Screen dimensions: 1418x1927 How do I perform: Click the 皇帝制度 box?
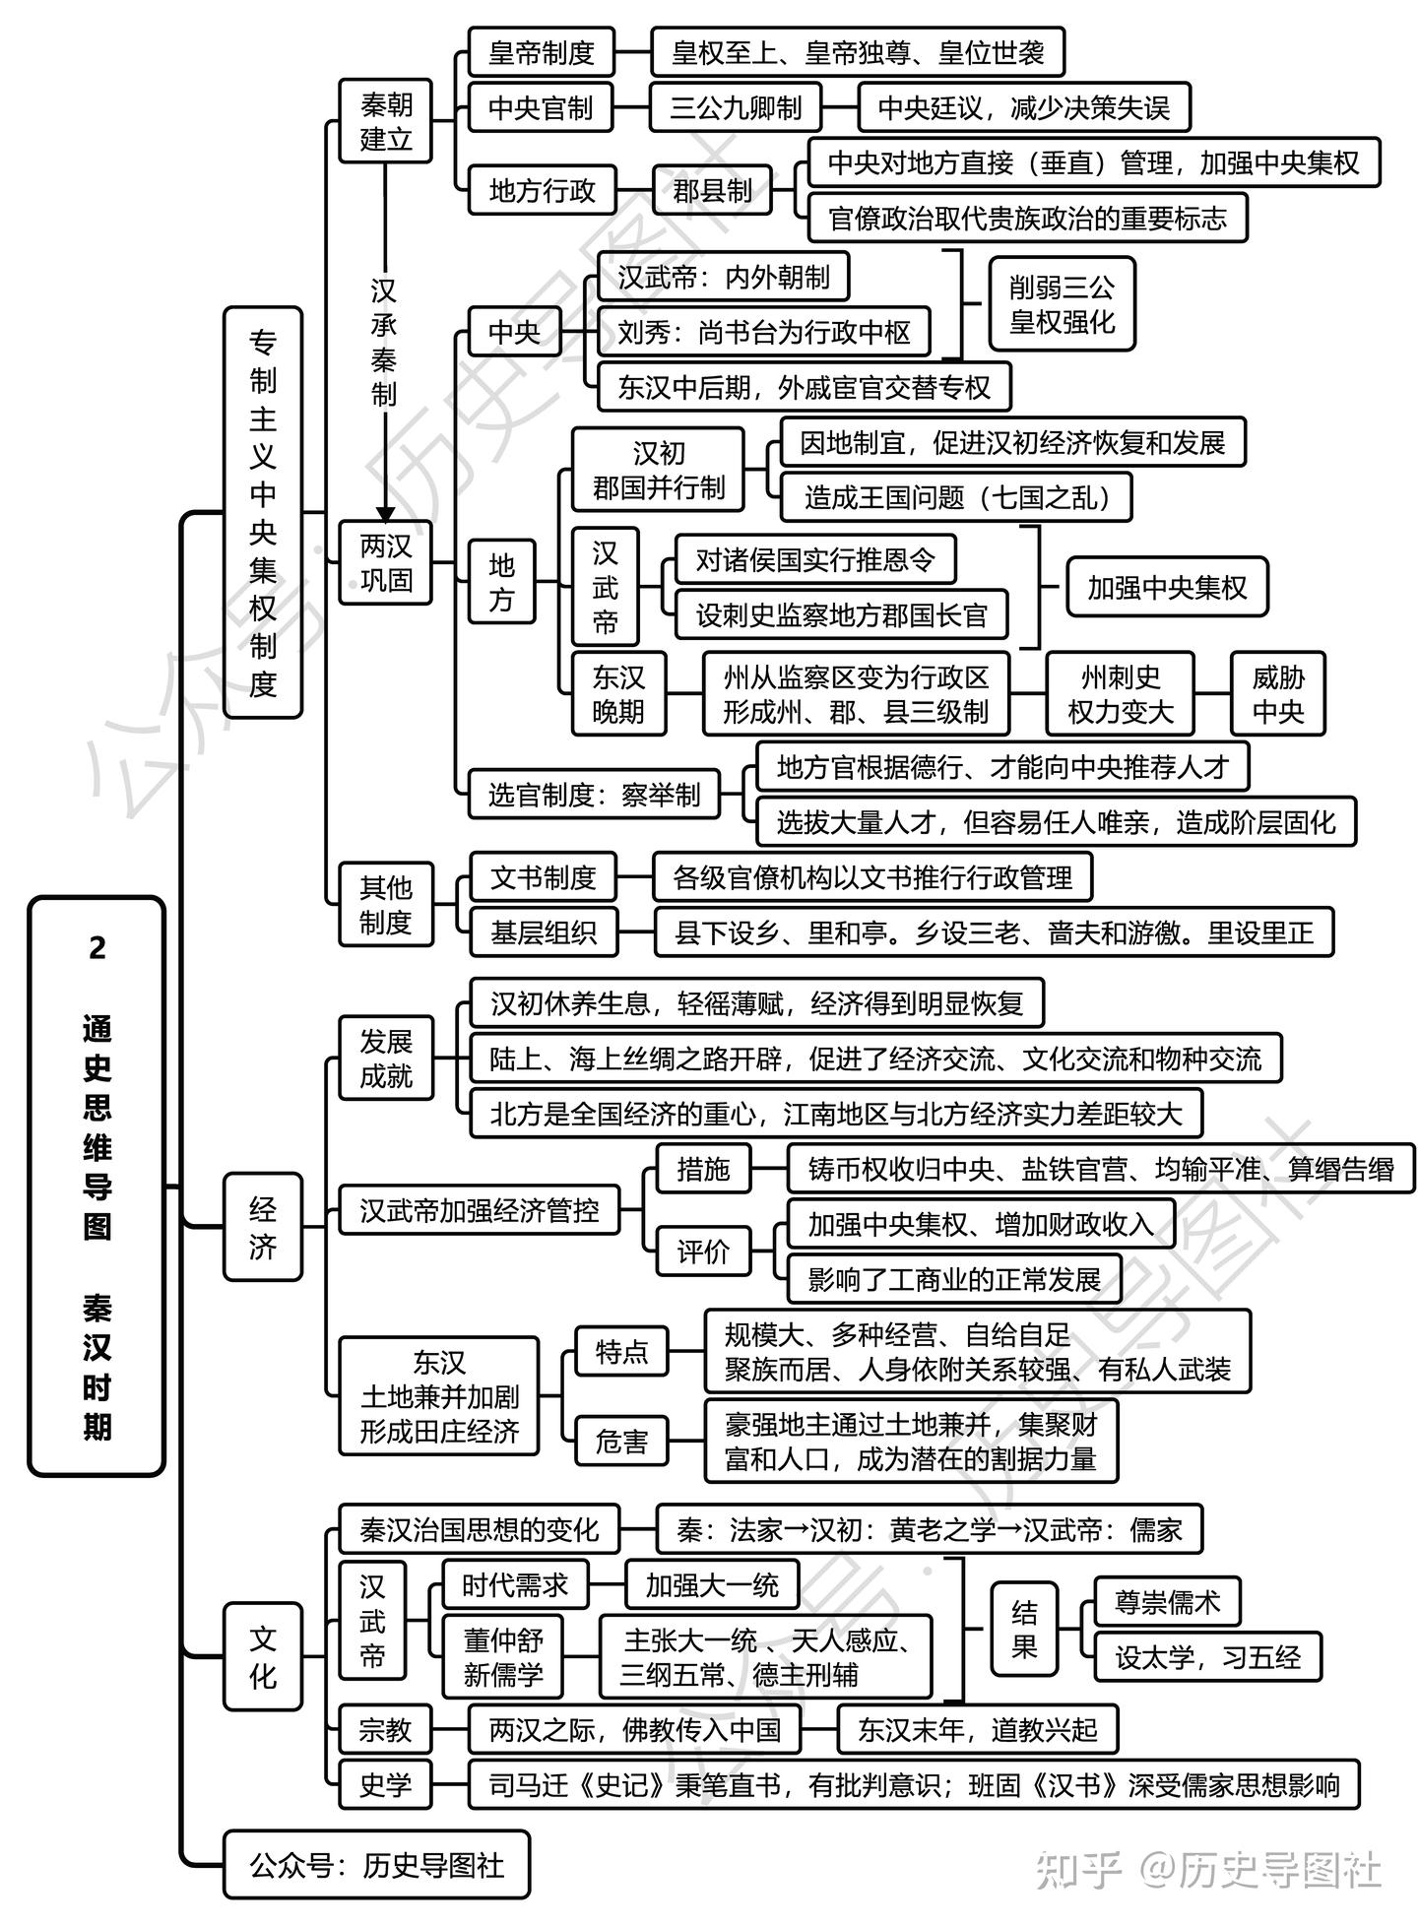541,52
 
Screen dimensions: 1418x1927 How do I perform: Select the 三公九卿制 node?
735,107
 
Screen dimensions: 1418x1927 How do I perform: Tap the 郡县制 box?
712,190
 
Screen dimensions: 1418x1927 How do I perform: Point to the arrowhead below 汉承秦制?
385,512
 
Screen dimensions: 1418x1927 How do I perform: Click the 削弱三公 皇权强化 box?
1062,304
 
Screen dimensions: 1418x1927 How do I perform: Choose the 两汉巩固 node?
385,562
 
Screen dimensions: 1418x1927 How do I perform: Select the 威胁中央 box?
1277,693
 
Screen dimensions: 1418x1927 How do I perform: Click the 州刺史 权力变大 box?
1120,693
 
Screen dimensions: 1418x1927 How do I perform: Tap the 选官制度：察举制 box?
593,794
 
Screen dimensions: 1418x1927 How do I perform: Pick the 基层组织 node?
544,932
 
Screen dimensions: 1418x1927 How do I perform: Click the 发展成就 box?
385,1058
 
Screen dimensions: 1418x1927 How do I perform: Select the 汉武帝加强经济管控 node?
479,1209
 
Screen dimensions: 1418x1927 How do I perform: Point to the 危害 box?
621,1442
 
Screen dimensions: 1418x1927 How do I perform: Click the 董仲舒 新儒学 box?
502,1656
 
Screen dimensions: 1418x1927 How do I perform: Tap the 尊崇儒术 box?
1167,1602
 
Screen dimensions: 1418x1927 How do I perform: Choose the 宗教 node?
385,1729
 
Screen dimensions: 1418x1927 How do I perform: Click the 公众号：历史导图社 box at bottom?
376,1864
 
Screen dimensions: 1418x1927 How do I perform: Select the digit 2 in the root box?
97,947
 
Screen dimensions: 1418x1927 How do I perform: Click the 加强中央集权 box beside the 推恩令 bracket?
1167,588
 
